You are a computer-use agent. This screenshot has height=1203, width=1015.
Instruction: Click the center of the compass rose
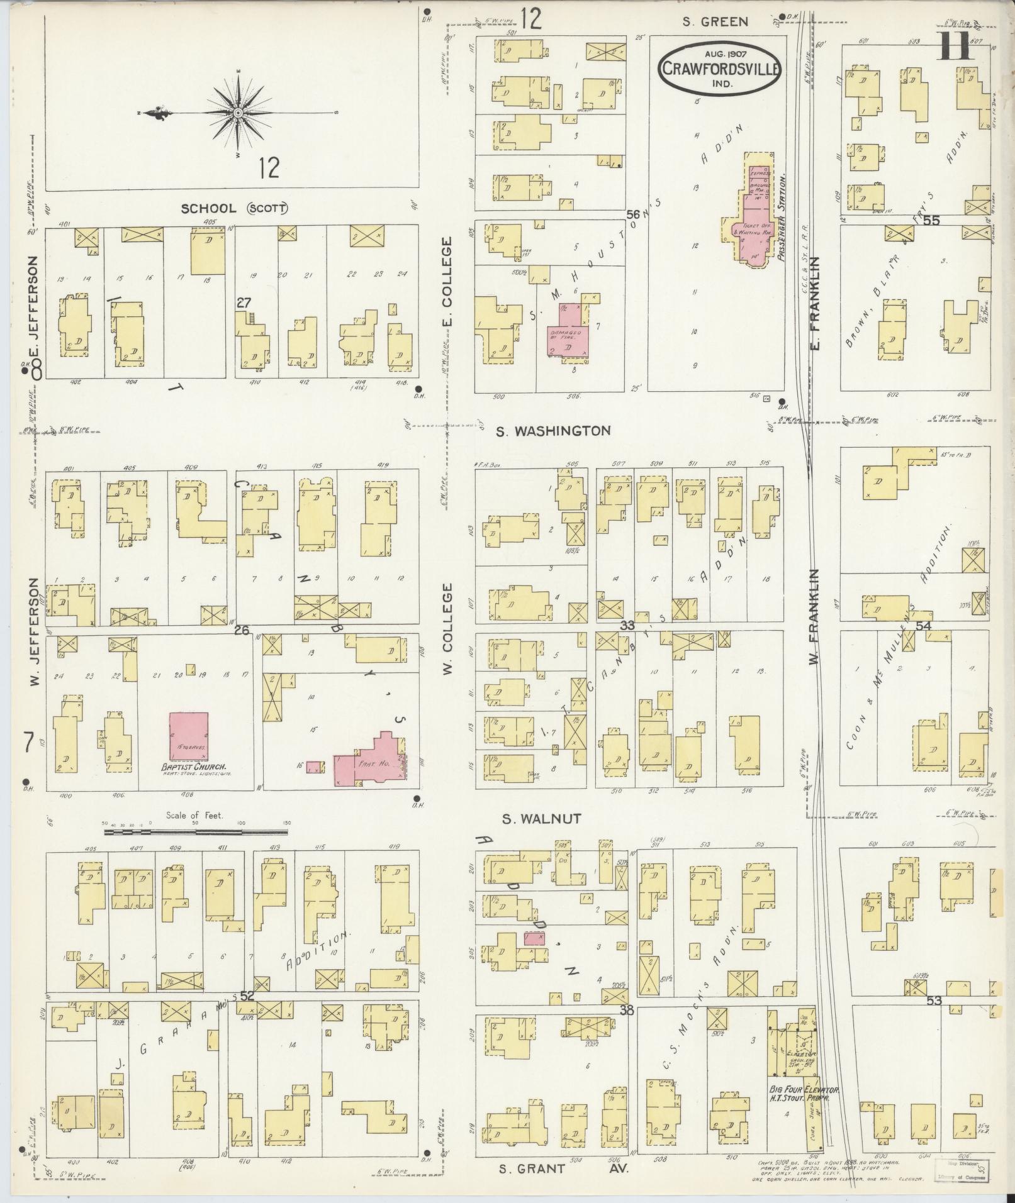click(238, 113)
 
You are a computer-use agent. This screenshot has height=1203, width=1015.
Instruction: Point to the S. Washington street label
click(552, 431)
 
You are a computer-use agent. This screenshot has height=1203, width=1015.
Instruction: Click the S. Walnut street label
click(541, 819)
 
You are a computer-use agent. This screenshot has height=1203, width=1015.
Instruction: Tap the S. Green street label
click(716, 22)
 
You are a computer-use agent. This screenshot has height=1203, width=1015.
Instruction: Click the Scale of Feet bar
click(196, 831)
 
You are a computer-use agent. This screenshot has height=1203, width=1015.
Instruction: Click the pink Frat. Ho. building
click(371, 758)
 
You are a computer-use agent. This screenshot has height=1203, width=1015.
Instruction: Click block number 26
click(242, 629)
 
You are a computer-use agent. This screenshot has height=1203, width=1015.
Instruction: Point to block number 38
click(626, 1012)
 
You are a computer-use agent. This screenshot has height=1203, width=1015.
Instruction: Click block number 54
click(923, 626)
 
